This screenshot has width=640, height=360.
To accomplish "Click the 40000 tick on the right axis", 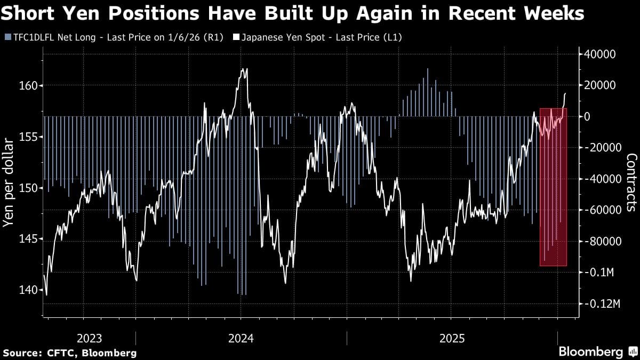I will coord(601,54).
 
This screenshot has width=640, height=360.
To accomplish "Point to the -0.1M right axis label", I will coord(601,273).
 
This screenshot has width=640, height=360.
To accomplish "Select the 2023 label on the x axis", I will coord(90,338).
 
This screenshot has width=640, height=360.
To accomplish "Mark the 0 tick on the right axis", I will coord(588,116).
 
